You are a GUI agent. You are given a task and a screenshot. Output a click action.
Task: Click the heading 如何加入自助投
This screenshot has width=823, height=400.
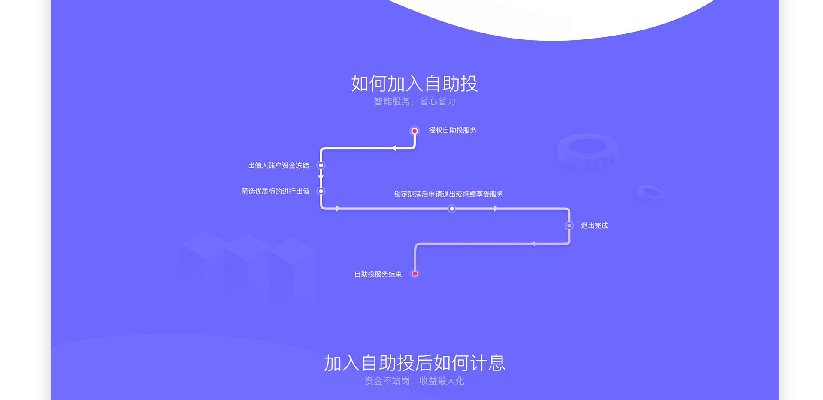click(414, 84)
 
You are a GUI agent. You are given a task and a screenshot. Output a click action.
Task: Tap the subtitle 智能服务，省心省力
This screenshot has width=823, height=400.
click(414, 101)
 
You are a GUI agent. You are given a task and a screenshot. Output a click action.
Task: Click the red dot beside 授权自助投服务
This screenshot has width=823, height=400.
click(415, 131)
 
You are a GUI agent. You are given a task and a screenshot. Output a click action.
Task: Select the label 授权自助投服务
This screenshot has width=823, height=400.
click(452, 130)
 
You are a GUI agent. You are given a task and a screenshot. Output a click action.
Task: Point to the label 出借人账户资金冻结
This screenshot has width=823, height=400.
click(278, 165)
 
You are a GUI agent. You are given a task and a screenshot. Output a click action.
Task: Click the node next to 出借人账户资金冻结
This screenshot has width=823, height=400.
click(321, 165)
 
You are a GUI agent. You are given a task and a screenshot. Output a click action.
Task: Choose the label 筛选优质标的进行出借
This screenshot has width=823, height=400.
click(275, 191)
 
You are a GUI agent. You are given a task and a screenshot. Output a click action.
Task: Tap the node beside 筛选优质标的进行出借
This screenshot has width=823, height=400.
click(321, 191)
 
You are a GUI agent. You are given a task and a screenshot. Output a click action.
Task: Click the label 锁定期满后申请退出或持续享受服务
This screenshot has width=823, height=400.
click(448, 194)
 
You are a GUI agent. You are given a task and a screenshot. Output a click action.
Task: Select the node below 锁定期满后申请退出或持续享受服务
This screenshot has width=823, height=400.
click(452, 209)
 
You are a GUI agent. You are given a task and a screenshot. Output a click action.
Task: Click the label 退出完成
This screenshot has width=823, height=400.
click(594, 226)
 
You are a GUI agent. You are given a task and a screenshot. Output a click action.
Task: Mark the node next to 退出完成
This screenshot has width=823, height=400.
click(569, 226)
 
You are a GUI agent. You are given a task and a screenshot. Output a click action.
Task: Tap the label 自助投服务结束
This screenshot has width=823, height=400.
click(378, 274)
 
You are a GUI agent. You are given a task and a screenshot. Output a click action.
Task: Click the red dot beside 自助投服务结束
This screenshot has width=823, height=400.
click(415, 274)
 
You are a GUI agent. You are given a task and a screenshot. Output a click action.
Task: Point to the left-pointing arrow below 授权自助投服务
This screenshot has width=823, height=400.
click(394, 148)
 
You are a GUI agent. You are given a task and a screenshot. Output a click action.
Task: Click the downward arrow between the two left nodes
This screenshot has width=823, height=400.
click(321, 176)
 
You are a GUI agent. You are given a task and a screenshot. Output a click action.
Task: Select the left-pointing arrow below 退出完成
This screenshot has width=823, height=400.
click(533, 244)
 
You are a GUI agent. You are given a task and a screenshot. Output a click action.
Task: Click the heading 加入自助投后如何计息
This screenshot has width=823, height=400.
click(414, 363)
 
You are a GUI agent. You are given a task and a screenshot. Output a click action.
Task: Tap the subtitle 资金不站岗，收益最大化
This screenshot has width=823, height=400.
click(414, 381)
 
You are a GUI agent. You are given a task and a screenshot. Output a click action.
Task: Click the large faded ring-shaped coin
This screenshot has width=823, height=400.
click(587, 151)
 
